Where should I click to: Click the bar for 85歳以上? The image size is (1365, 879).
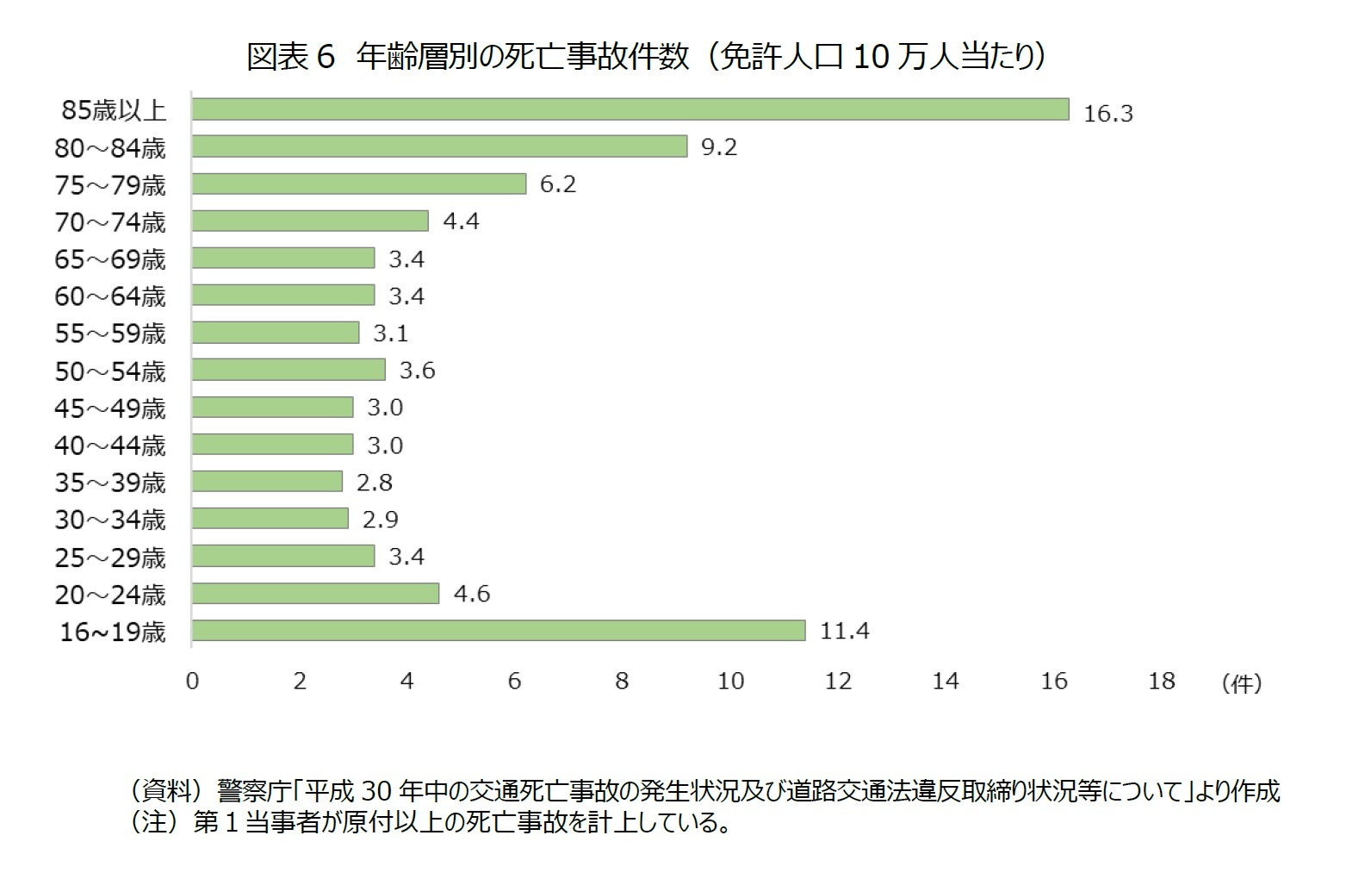(x=630, y=109)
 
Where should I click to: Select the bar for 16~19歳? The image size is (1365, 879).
(x=498, y=631)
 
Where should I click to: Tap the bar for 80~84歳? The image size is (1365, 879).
(x=439, y=146)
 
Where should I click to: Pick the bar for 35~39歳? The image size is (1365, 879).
(x=267, y=481)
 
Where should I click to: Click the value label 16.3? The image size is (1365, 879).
(x=1108, y=113)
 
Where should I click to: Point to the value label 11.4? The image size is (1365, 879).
(x=844, y=631)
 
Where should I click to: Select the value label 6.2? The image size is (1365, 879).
(x=557, y=184)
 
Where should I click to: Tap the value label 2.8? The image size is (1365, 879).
(x=374, y=482)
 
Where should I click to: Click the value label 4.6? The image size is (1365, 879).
(x=471, y=594)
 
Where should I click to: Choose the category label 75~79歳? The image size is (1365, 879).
(x=110, y=185)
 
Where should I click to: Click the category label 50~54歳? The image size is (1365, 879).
(x=110, y=371)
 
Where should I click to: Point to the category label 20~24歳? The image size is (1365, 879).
(x=110, y=595)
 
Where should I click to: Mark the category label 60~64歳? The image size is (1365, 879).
(x=110, y=296)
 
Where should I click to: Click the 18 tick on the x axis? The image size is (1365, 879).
(x=1161, y=681)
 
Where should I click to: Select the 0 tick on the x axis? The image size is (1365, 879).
(x=192, y=681)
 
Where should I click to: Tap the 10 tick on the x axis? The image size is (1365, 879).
(x=730, y=681)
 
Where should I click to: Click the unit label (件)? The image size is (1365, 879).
(x=1241, y=683)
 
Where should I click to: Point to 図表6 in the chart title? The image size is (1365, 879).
(x=289, y=57)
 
